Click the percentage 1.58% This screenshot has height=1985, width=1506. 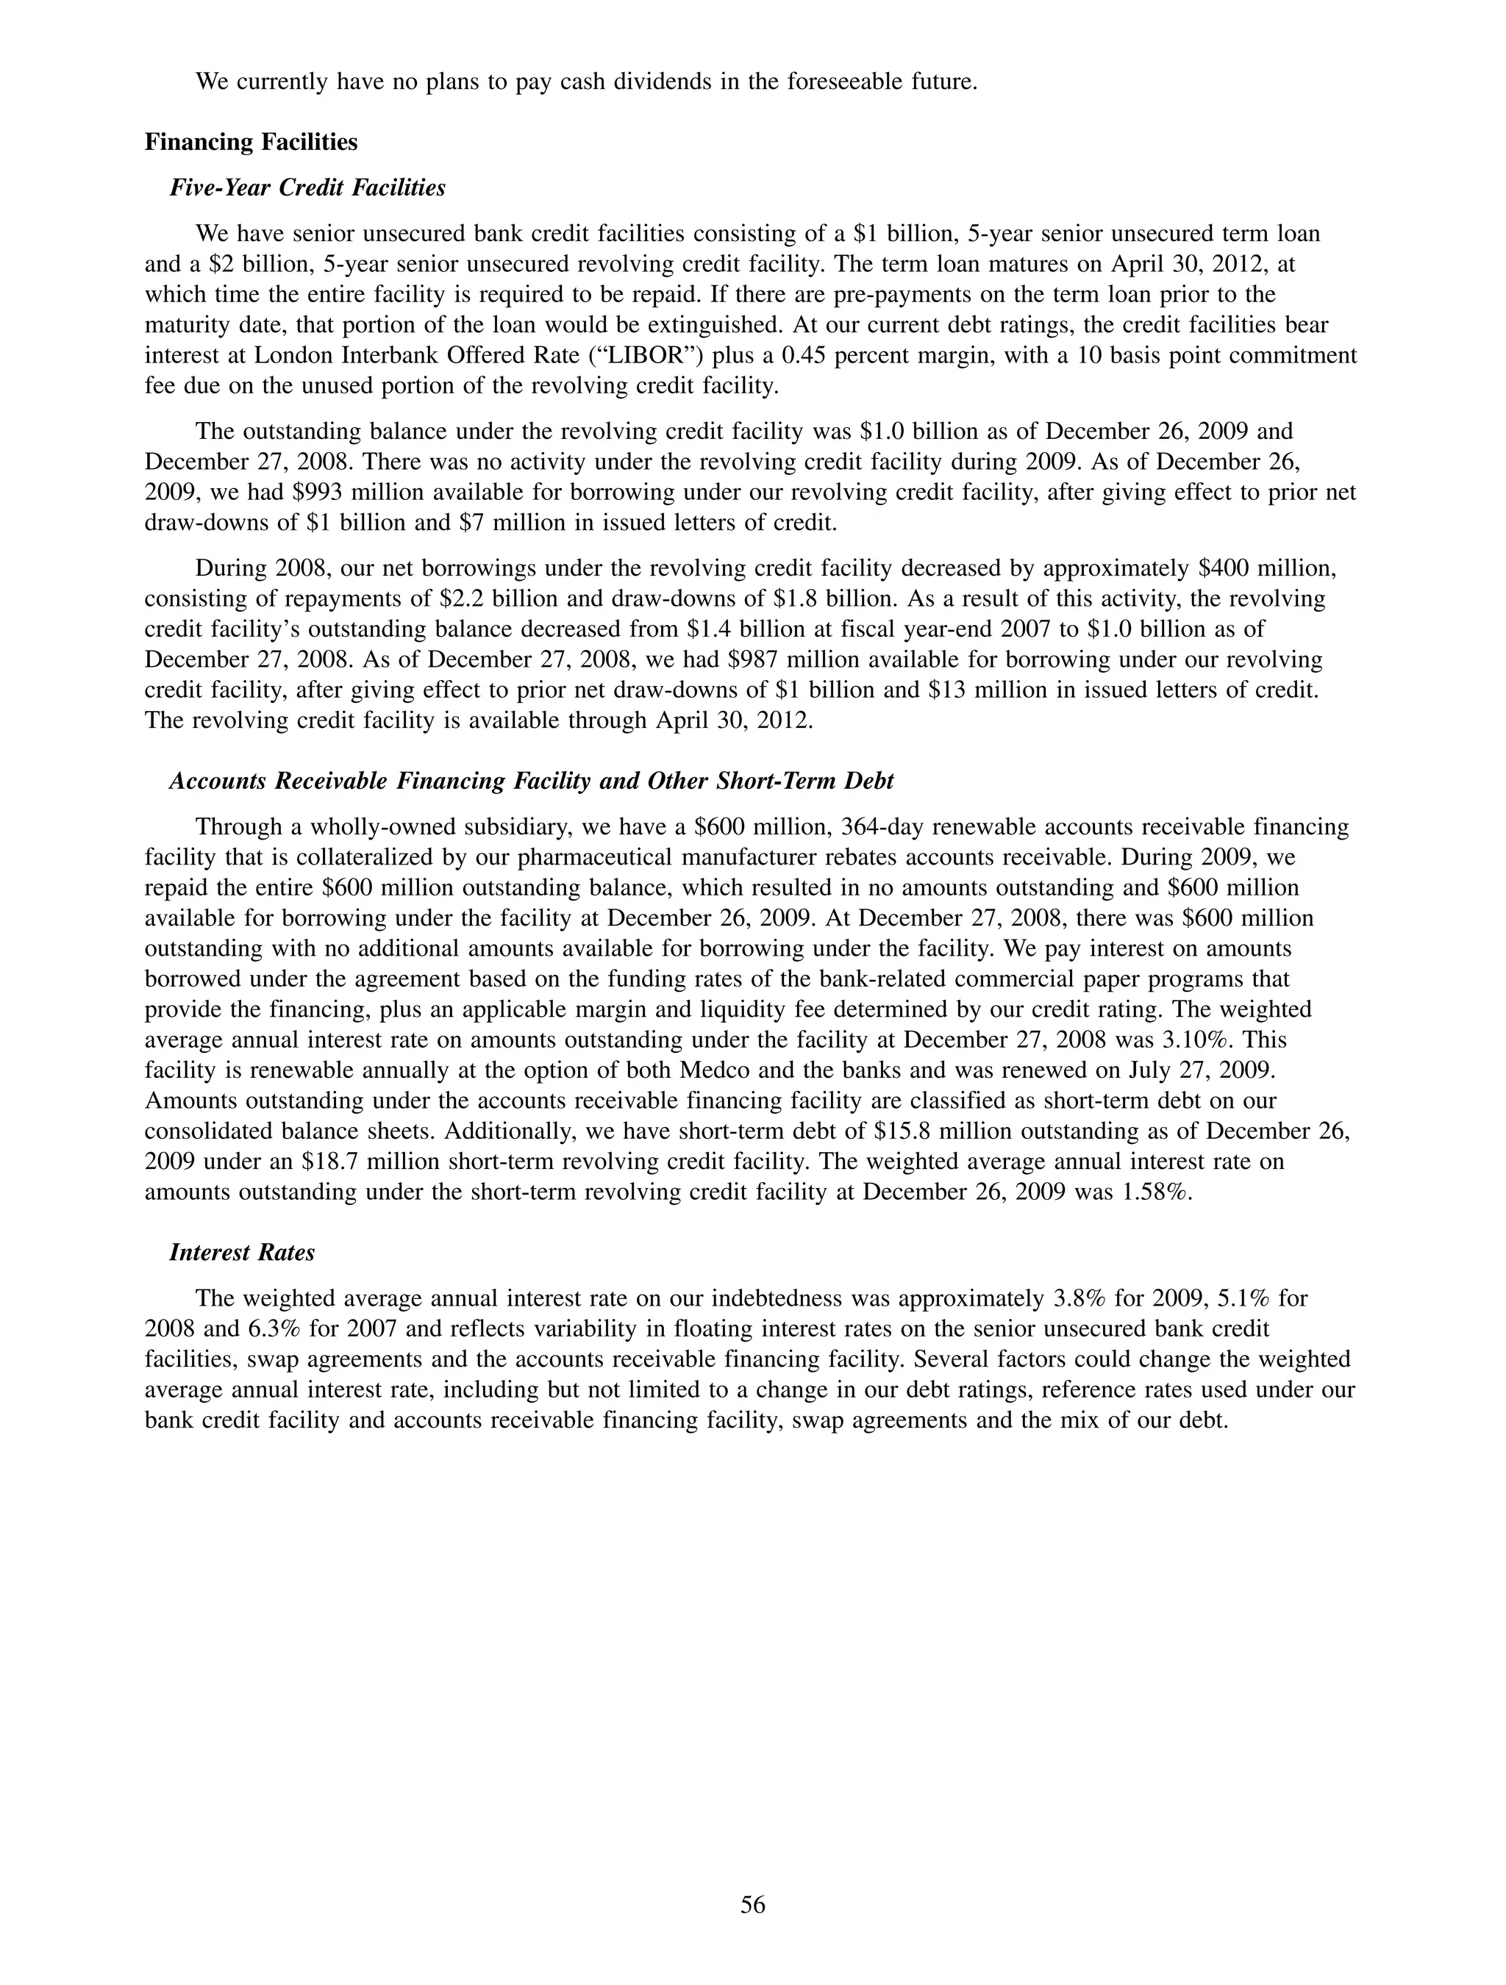coord(1156,1192)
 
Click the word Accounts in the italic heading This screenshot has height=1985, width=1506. coord(218,781)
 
